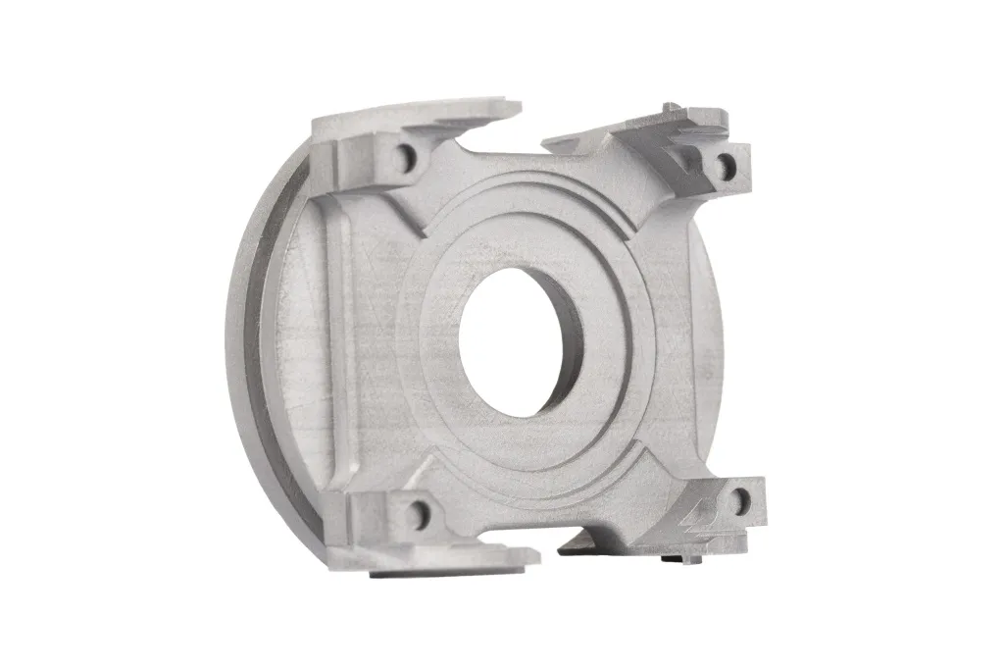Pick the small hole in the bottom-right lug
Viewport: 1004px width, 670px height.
[x=737, y=503]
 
